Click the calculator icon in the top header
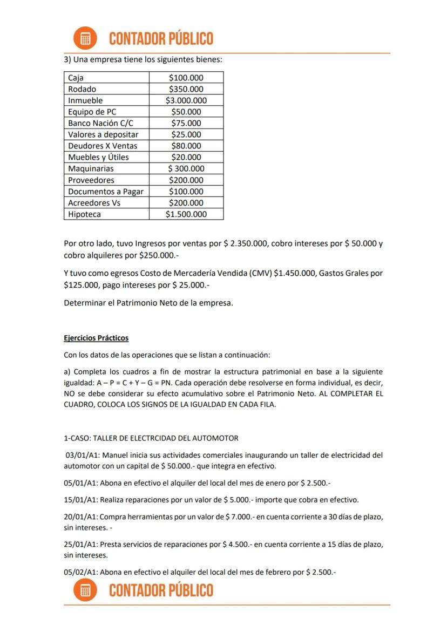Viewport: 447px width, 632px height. (85, 38)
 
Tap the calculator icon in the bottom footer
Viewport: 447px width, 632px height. (85, 590)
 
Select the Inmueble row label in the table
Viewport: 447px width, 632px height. (85, 100)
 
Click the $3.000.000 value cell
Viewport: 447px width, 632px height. (186, 100)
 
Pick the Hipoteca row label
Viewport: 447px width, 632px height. (85, 214)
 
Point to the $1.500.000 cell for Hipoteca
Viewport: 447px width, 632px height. (186, 214)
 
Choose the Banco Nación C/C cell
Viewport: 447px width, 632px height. (100, 123)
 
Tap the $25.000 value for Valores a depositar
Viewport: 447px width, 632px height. (186, 134)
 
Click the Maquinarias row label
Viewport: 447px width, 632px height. (91, 168)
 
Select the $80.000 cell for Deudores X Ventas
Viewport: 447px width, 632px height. (186, 146)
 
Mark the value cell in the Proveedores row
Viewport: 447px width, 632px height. (186, 180)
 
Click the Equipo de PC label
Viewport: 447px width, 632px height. (92, 112)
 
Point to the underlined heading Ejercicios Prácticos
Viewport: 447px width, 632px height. (96, 338)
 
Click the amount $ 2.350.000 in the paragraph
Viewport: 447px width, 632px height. (246, 243)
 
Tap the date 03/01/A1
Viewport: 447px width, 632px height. (81, 455)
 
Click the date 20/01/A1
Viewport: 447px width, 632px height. (80, 517)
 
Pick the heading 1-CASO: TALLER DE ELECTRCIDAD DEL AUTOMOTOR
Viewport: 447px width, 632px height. (151, 438)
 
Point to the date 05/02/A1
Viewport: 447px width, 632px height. (80, 572)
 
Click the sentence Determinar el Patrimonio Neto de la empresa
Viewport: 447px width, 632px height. (148, 303)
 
